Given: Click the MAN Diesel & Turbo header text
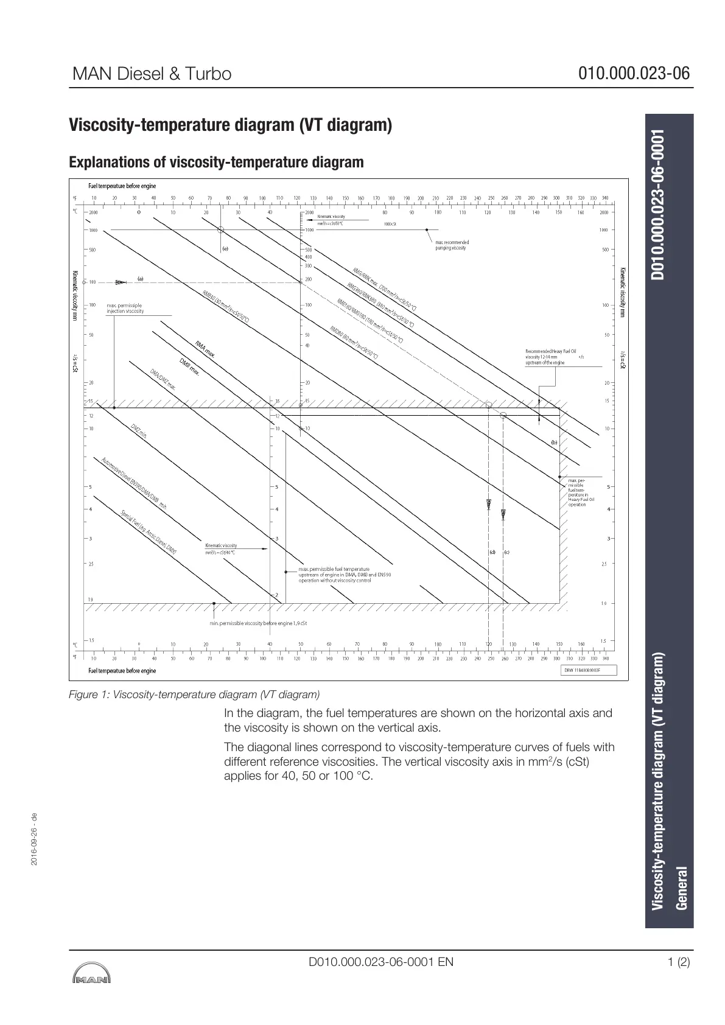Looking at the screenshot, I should [x=152, y=74].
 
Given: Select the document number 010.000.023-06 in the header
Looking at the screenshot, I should [x=634, y=74].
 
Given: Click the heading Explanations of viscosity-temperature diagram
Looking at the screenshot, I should [x=216, y=163].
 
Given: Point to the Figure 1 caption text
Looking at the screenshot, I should [x=194, y=694].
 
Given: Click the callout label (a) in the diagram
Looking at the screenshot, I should [x=140, y=279].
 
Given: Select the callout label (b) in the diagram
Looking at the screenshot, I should [x=554, y=442].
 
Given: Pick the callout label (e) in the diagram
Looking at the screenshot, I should [x=225, y=249].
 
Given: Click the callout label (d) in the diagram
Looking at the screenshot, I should [x=492, y=552].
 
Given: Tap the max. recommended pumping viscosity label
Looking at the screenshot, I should [x=452, y=245].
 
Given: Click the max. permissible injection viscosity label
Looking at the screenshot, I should [x=125, y=308].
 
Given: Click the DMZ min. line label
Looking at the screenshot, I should [x=139, y=432].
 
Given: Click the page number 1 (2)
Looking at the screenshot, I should [x=679, y=962].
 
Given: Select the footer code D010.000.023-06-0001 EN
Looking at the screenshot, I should [x=381, y=962].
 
